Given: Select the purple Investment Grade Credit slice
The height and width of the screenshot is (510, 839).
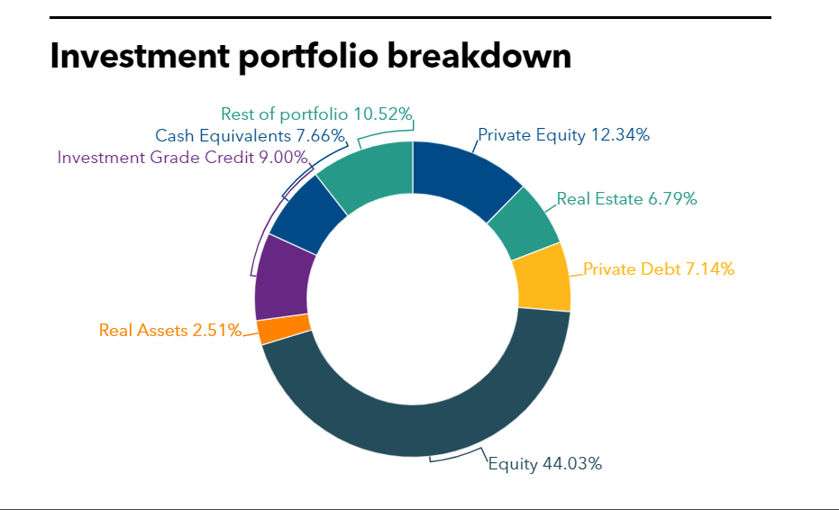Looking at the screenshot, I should click(x=283, y=279).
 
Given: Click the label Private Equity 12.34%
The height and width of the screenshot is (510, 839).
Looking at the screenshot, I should click(x=563, y=135).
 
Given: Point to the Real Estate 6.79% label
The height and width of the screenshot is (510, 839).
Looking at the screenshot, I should click(x=626, y=198).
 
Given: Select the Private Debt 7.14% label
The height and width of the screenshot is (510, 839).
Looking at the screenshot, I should click(x=658, y=269).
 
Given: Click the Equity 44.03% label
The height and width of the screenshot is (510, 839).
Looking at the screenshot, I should click(x=544, y=464).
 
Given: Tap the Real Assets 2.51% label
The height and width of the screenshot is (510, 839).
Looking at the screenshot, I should click(x=170, y=330).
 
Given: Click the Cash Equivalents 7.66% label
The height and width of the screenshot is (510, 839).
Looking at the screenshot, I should click(x=250, y=136).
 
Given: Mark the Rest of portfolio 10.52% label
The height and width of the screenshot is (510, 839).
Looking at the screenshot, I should click(x=316, y=114).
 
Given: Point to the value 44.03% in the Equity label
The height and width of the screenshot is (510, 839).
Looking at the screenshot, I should click(x=572, y=464).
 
